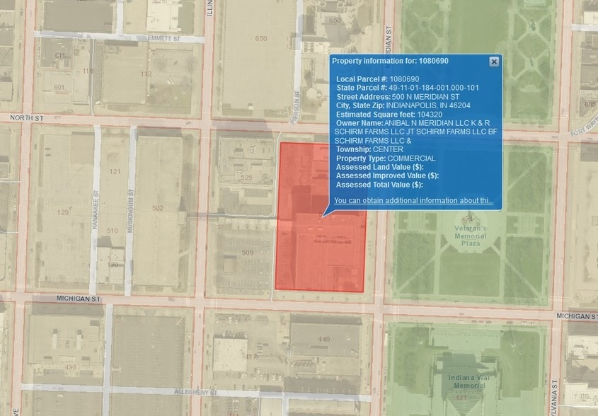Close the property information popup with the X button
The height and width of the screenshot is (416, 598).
click(x=494, y=62)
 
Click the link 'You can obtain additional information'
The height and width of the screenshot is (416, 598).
click(x=413, y=201)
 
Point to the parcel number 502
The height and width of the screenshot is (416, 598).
click(x=157, y=208)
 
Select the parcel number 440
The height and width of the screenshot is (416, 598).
click(x=324, y=340)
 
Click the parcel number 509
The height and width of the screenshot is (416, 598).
click(x=247, y=253)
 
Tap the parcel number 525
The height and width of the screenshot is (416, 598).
click(x=246, y=177)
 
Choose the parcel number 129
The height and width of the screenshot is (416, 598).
click(x=63, y=212)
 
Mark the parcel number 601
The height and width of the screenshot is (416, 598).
click(x=59, y=87)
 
